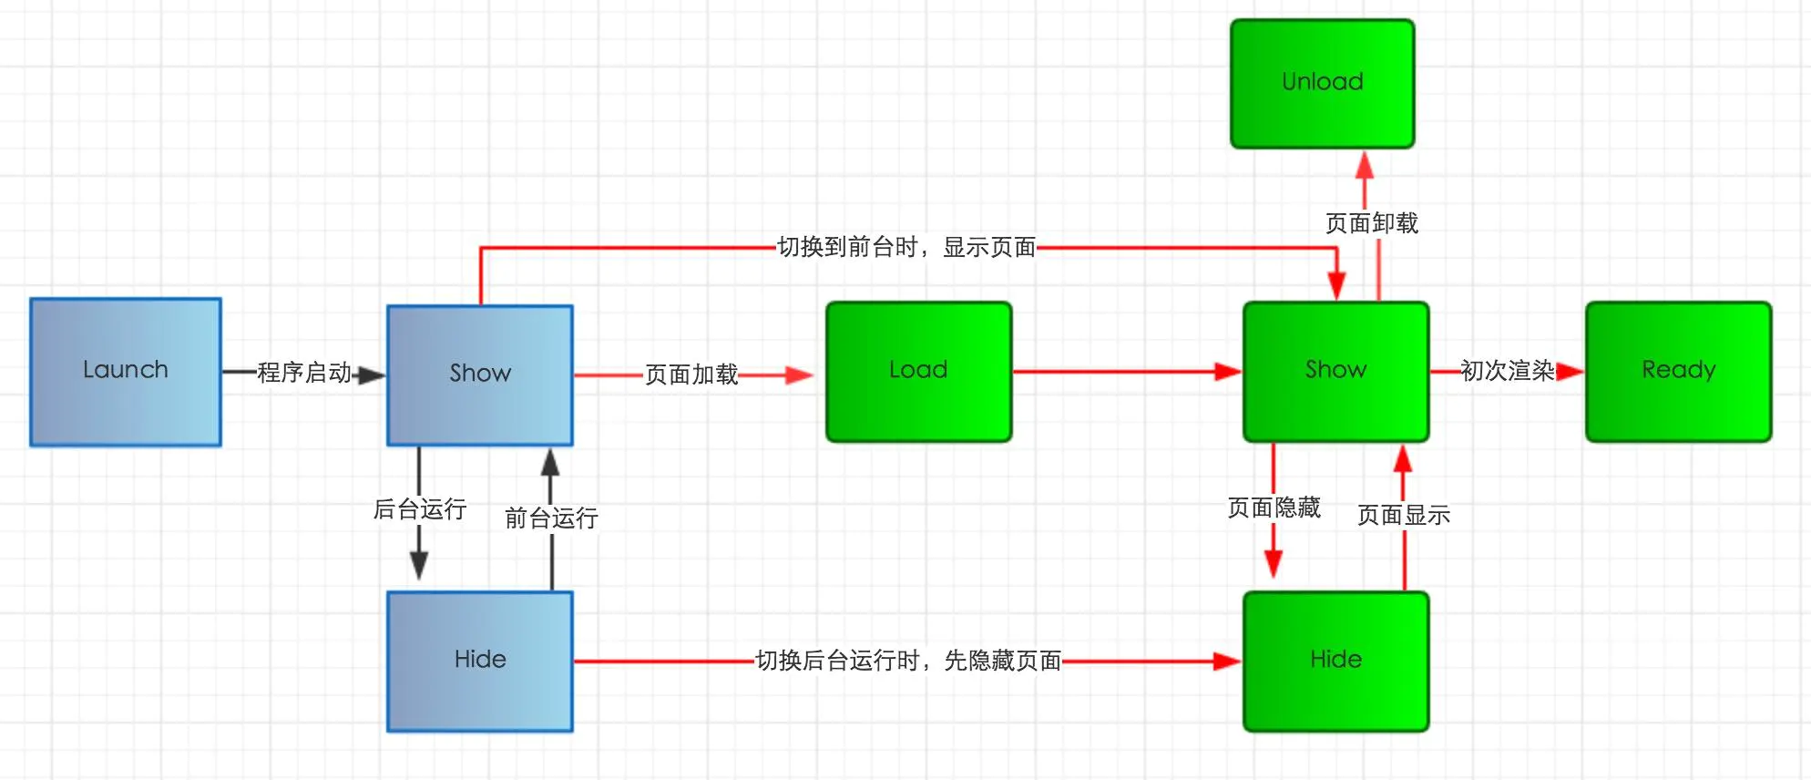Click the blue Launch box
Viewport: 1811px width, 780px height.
pos(126,372)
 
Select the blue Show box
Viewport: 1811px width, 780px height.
pos(480,375)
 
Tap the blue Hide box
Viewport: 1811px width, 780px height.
pos(480,662)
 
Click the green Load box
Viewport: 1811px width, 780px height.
pos(919,372)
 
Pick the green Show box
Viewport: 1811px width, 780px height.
pos(1336,372)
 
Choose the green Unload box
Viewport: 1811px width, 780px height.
pos(1323,84)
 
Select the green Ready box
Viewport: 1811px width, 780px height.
pos(1679,372)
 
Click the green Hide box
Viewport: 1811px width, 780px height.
pos(1336,662)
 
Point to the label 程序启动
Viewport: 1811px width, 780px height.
pos(304,373)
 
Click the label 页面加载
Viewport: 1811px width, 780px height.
pos(691,375)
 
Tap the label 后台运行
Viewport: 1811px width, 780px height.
pos(420,508)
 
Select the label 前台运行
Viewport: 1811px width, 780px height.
pos(551,518)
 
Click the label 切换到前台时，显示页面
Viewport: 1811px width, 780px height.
pos(906,247)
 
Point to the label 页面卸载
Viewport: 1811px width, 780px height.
pos(1372,223)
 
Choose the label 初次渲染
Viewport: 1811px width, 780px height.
pos(1508,371)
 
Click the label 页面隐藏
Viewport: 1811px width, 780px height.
pos(1274,508)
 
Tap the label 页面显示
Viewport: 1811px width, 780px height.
pos(1404,515)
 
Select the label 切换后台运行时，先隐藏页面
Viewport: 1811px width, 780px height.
pos(908,661)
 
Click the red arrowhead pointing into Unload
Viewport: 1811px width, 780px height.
pos(1365,164)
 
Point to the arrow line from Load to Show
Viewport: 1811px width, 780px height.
pos(1128,372)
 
